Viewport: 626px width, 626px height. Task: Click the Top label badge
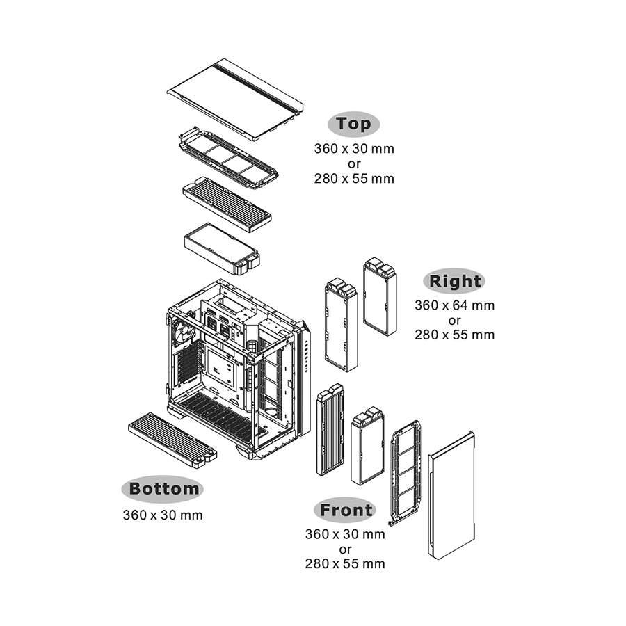(353, 125)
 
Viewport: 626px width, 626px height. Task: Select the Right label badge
(454, 281)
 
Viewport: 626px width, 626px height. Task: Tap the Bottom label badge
(163, 489)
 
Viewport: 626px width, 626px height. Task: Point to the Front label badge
(345, 510)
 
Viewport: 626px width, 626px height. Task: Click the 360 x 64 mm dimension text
(454, 305)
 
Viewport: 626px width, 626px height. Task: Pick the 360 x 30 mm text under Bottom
(163, 515)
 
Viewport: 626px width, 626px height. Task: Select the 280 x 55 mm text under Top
(354, 179)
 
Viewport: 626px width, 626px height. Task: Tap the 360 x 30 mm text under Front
(345, 534)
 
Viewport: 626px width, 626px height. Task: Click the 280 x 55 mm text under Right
(454, 335)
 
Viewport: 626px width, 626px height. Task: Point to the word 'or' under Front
(345, 549)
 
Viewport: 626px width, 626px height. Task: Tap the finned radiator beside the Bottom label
(172, 440)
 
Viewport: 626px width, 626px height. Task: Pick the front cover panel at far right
(451, 495)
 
